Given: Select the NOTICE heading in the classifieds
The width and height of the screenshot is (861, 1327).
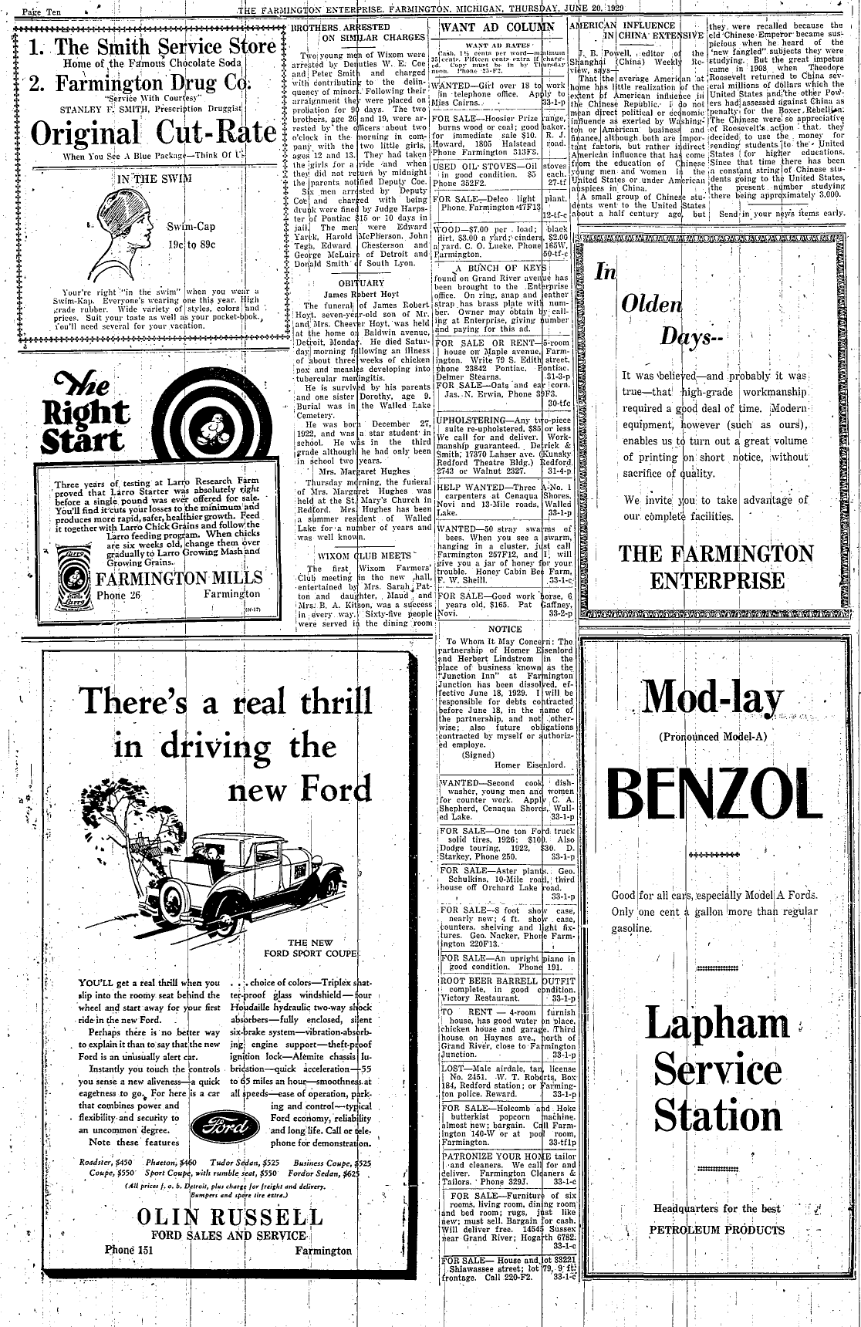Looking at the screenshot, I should (x=505, y=629).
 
